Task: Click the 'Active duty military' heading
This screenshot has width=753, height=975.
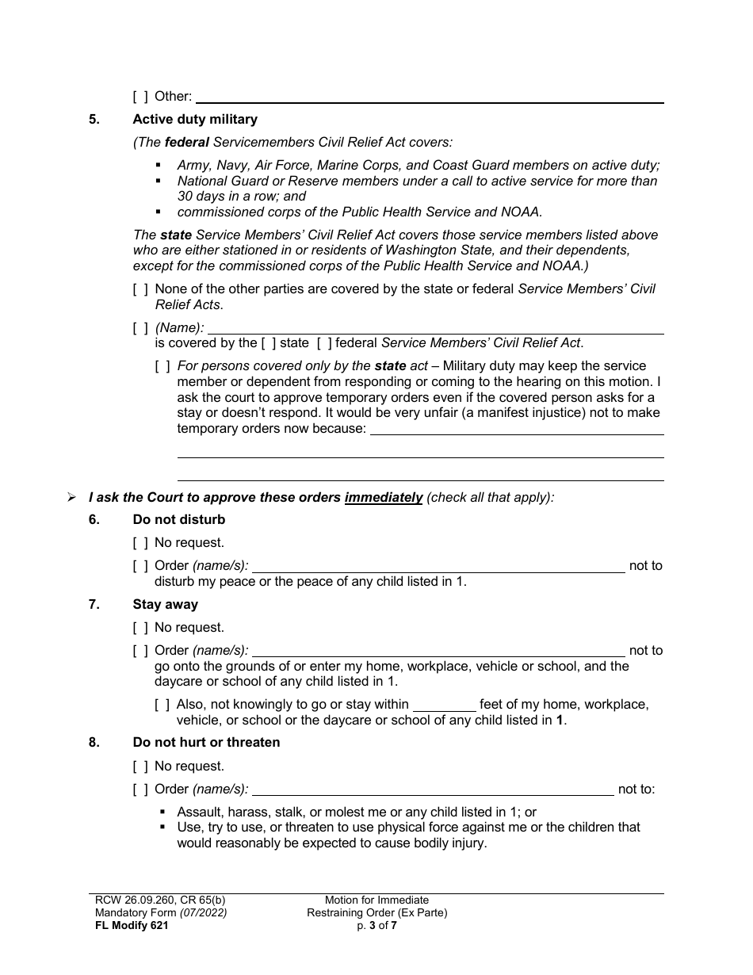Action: [195, 120]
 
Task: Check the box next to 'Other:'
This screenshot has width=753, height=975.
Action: [140, 97]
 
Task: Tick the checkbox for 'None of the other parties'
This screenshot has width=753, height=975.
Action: [140, 289]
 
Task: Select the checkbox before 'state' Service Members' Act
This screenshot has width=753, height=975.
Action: [269, 343]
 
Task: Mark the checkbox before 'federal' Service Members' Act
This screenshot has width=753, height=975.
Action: [323, 343]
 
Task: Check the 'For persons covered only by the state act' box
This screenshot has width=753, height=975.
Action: [162, 366]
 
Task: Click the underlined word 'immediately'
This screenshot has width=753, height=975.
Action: [383, 498]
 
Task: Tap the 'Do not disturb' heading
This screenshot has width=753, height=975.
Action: [179, 520]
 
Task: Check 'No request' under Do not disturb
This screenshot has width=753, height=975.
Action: [140, 543]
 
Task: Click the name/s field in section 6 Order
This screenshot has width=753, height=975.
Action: [438, 566]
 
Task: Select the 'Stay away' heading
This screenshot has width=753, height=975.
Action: [165, 605]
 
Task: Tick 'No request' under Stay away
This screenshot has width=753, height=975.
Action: [140, 628]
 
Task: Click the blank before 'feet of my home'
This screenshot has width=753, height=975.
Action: [445, 705]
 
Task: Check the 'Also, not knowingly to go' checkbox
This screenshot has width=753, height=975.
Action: [162, 705]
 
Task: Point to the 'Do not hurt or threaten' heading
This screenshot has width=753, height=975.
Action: [206, 743]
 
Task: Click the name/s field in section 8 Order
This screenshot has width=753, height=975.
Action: [432, 790]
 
